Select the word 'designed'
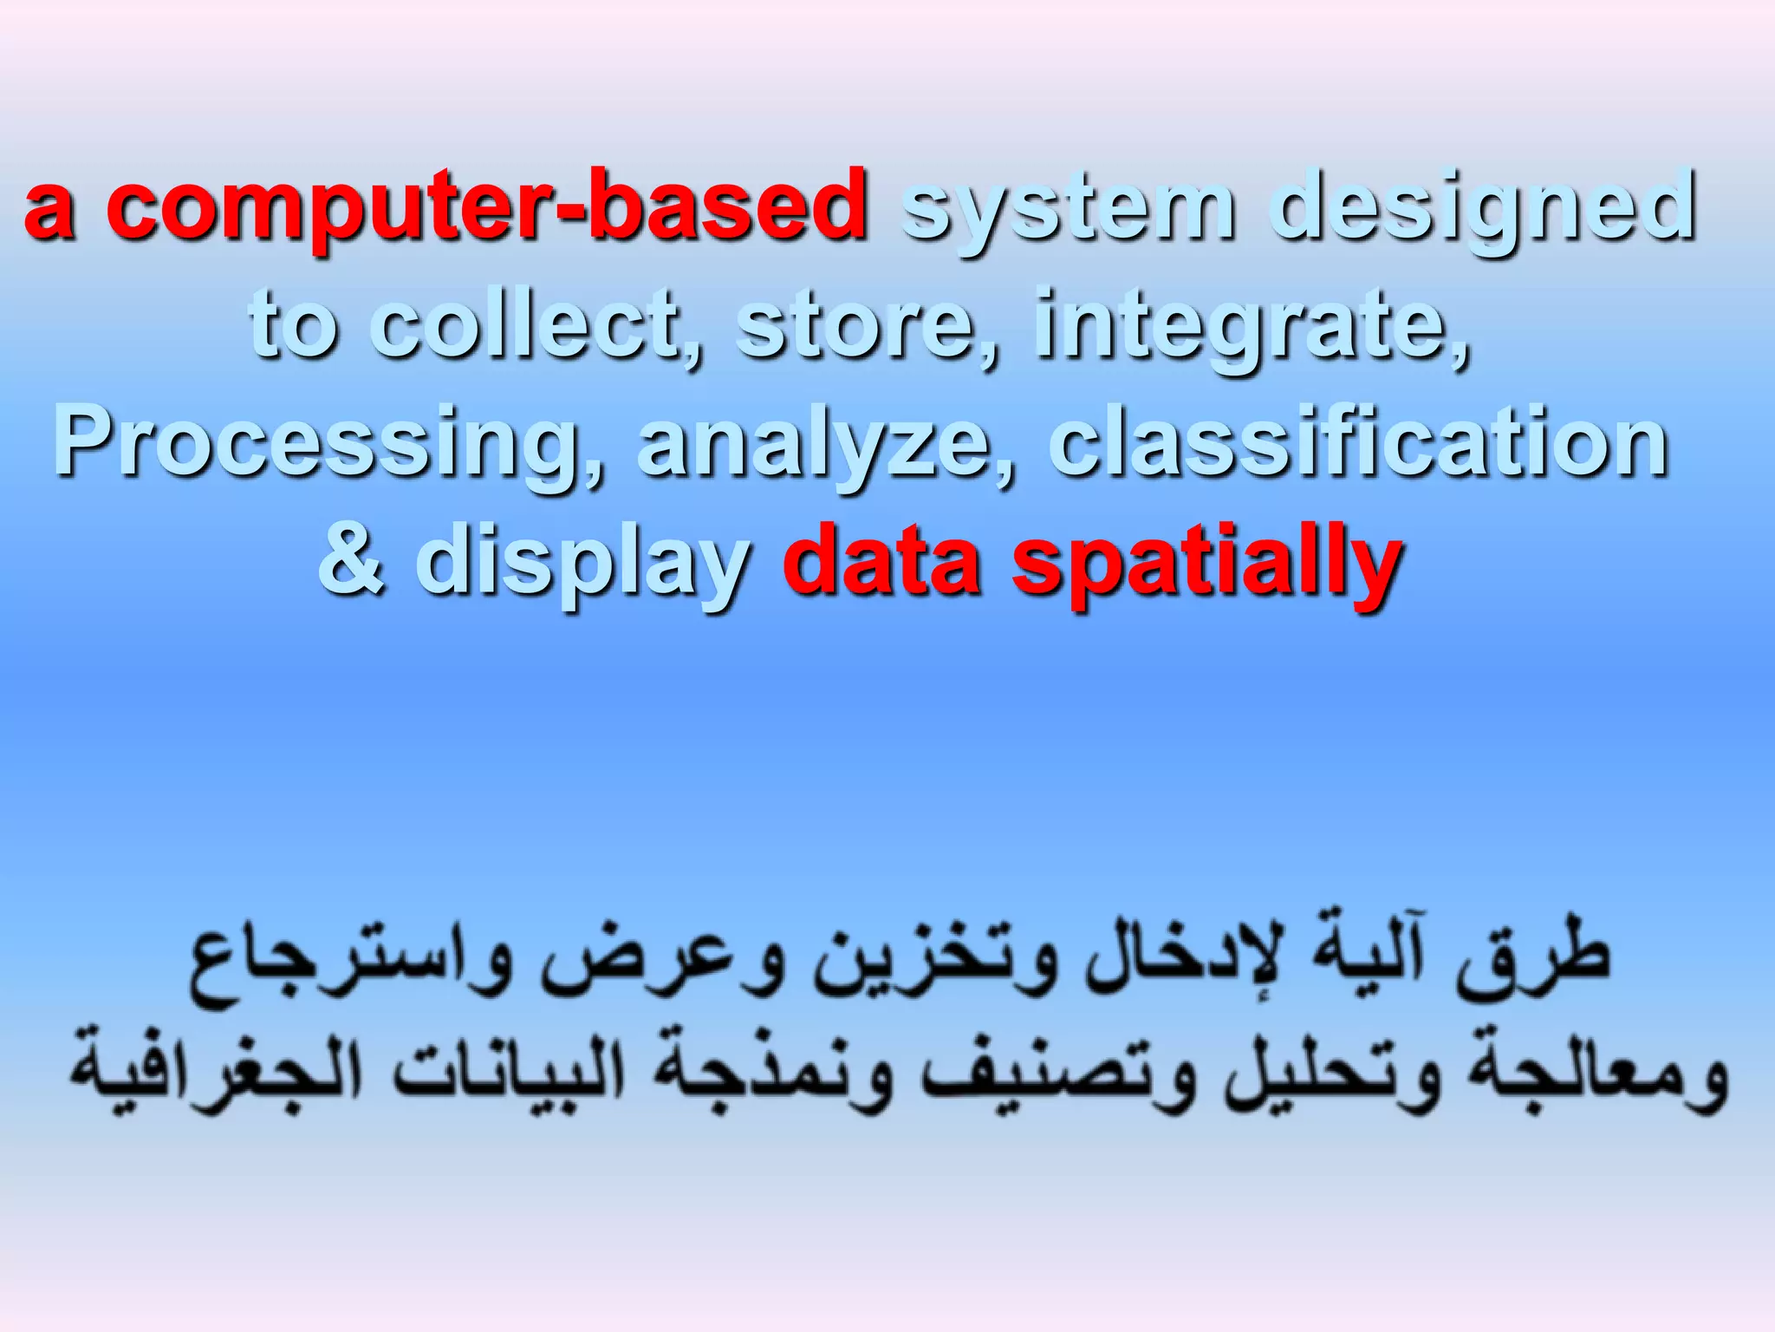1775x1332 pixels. coord(1482,208)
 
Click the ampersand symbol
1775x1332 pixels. coord(351,562)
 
